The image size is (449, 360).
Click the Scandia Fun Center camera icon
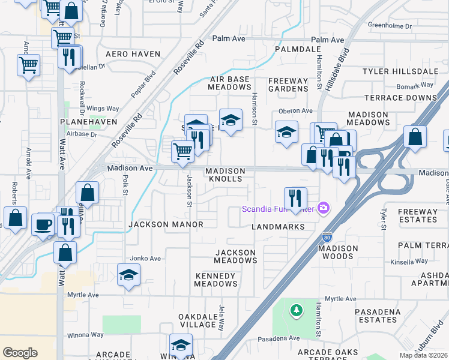(x=324, y=208)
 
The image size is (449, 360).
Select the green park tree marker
(x=295, y=310)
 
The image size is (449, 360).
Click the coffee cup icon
(x=44, y=224)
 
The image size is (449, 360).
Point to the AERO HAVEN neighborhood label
(x=133, y=54)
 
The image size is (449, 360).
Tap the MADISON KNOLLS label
(x=224, y=175)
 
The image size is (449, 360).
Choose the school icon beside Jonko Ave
(x=128, y=274)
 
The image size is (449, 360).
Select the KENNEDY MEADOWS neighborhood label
(x=216, y=280)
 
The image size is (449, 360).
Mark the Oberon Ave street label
(x=295, y=110)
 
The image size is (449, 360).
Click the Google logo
(x=20, y=353)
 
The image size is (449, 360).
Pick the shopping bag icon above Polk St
(x=88, y=193)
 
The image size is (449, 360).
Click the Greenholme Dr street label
(x=389, y=26)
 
